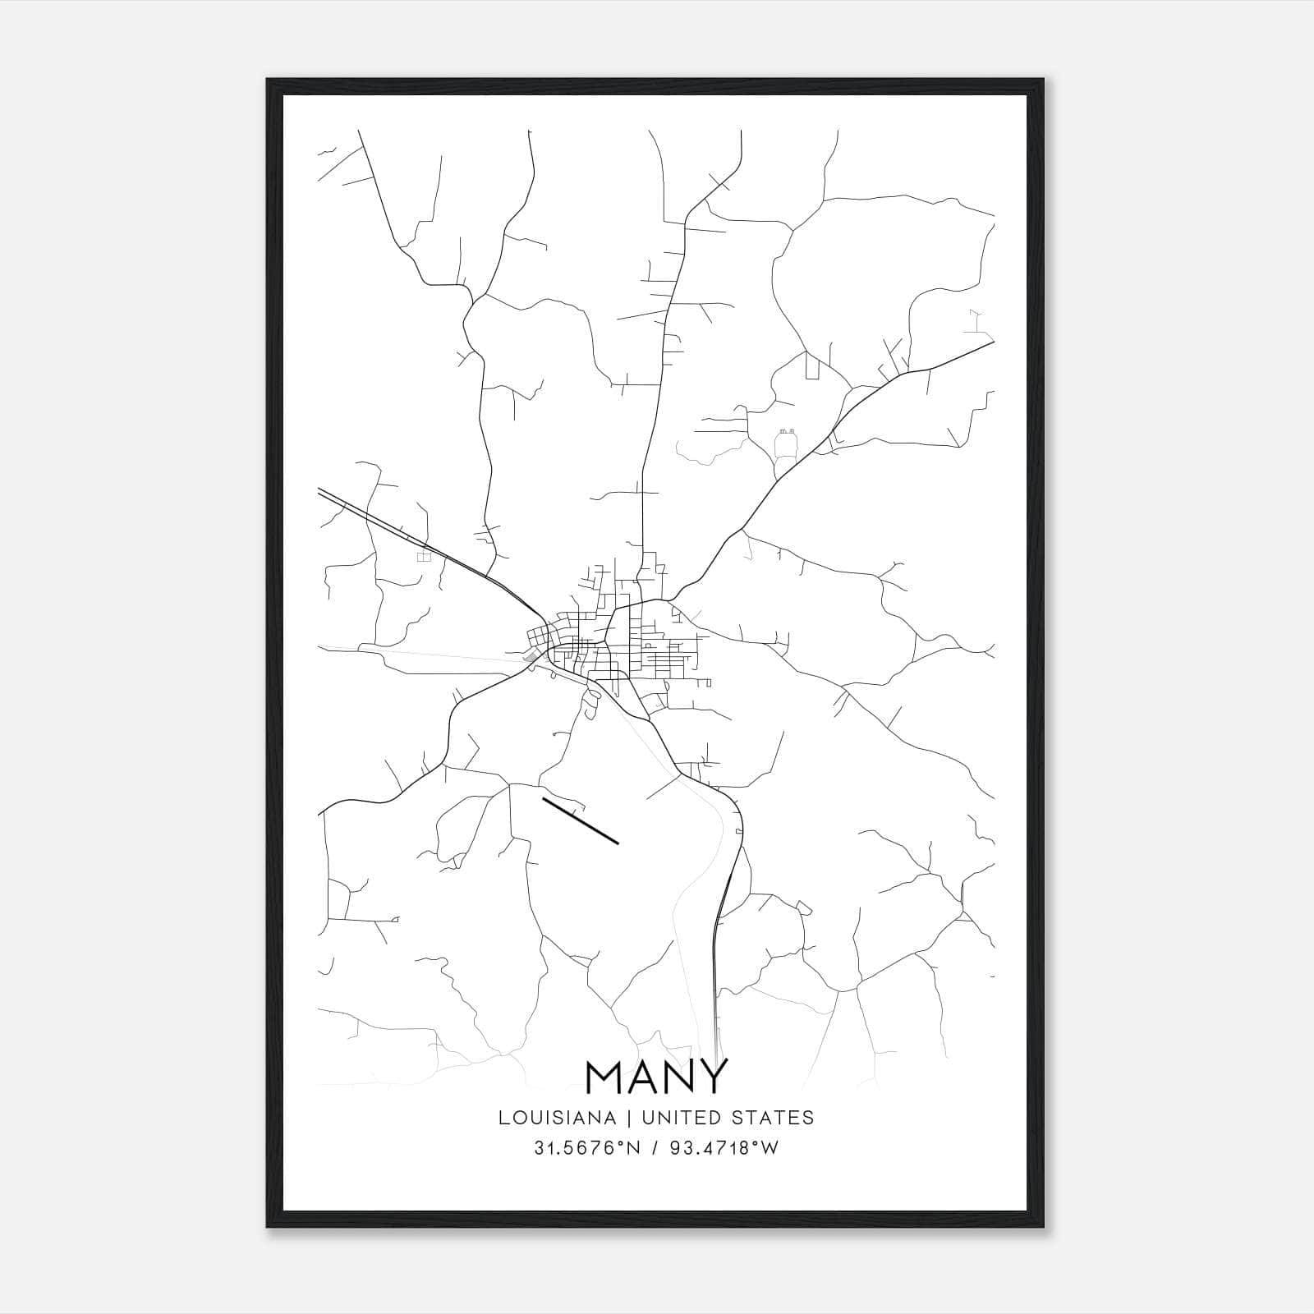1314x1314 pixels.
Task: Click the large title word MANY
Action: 656,1077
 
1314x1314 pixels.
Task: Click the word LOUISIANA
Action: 557,1118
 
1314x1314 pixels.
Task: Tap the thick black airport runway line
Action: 580,819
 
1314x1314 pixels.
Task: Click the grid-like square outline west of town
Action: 424,557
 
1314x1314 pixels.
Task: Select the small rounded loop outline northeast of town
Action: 787,446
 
